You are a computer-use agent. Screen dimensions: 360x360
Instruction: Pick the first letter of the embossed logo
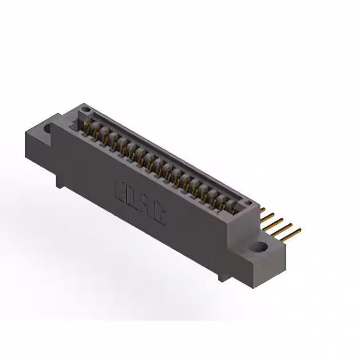click(120, 188)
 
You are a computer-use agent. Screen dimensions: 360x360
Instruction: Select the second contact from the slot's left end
click(96, 130)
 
